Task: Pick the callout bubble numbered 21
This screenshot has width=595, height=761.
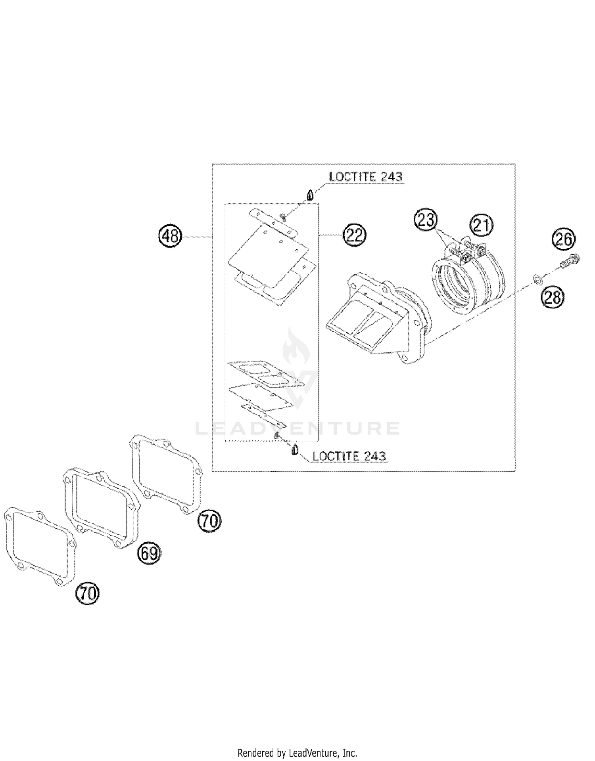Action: click(x=481, y=225)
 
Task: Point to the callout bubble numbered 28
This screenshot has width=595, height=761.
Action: click(x=552, y=296)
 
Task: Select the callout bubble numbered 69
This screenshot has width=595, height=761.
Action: click(x=149, y=553)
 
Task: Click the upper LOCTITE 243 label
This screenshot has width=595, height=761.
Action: click(x=365, y=177)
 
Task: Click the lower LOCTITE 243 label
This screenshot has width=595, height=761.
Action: click(x=349, y=456)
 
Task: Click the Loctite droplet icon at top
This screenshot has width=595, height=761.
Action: click(x=311, y=196)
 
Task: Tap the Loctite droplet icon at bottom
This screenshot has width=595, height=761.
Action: click(x=295, y=451)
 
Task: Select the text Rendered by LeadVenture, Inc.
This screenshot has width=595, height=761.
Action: click(x=297, y=752)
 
